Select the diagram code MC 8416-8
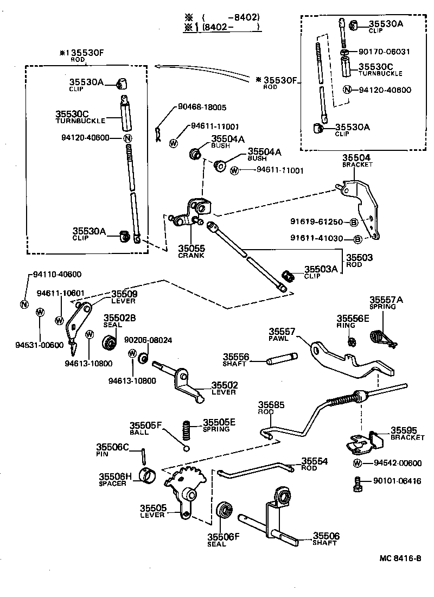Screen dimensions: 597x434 pyautogui.click(x=400, y=558)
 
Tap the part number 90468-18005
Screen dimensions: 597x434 pyautogui.click(x=202, y=107)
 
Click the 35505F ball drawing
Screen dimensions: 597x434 pyautogui.click(x=186, y=448)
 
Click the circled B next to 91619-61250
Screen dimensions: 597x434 pyautogui.click(x=353, y=223)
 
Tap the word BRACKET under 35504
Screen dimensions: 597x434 pyautogui.click(x=358, y=164)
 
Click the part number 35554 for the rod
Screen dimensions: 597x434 pyautogui.click(x=315, y=461)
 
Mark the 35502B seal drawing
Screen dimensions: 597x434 pyautogui.click(x=111, y=342)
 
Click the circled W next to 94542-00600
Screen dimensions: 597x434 pyautogui.click(x=358, y=463)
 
